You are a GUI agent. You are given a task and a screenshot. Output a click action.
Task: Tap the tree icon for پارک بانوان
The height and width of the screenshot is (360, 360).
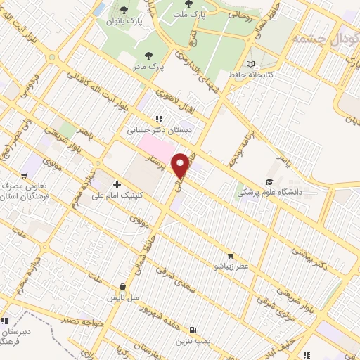point(124,9)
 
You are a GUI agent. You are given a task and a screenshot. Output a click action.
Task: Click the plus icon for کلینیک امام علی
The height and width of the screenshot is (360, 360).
point(117,185)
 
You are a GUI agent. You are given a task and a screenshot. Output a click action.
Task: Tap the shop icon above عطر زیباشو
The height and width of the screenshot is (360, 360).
point(230,256)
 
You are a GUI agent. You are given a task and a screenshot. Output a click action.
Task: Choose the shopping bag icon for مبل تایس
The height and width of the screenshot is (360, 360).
point(124,287)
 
